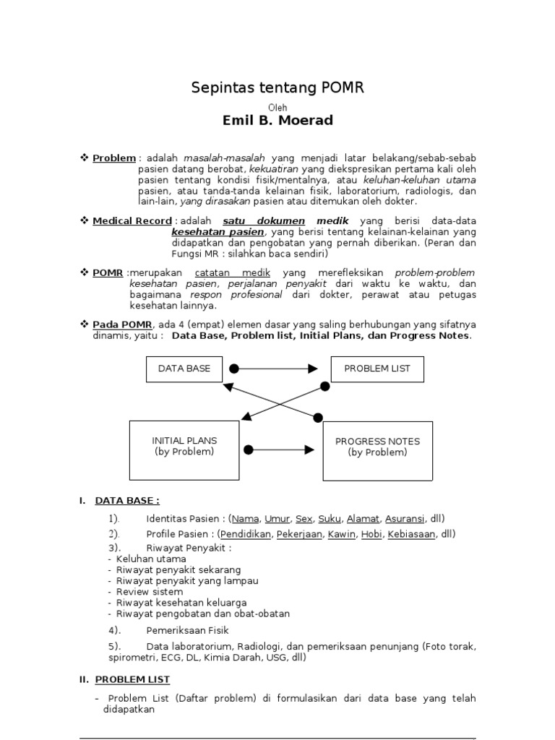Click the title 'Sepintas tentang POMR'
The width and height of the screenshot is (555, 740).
point(277,88)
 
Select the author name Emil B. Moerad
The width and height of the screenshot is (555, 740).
point(277,120)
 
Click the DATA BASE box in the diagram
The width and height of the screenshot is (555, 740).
point(184,369)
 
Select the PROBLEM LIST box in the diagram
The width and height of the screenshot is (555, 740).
point(377,369)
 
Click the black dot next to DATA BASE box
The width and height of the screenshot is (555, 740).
point(233,369)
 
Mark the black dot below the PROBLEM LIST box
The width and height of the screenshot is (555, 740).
point(325,387)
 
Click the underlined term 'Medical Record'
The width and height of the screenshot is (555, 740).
point(132,220)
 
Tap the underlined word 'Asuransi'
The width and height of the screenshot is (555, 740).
point(405,519)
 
